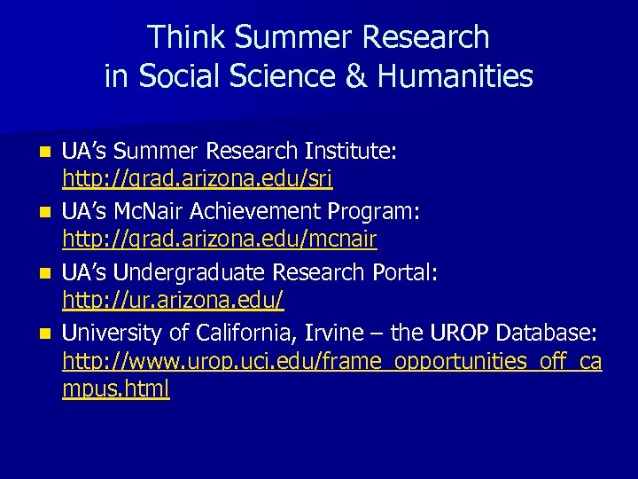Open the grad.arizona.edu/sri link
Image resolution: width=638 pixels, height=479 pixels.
(x=197, y=181)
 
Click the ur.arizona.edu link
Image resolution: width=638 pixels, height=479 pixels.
(x=173, y=302)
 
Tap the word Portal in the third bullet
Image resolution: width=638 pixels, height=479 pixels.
(x=403, y=272)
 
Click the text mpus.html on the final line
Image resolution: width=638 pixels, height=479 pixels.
(x=115, y=390)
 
